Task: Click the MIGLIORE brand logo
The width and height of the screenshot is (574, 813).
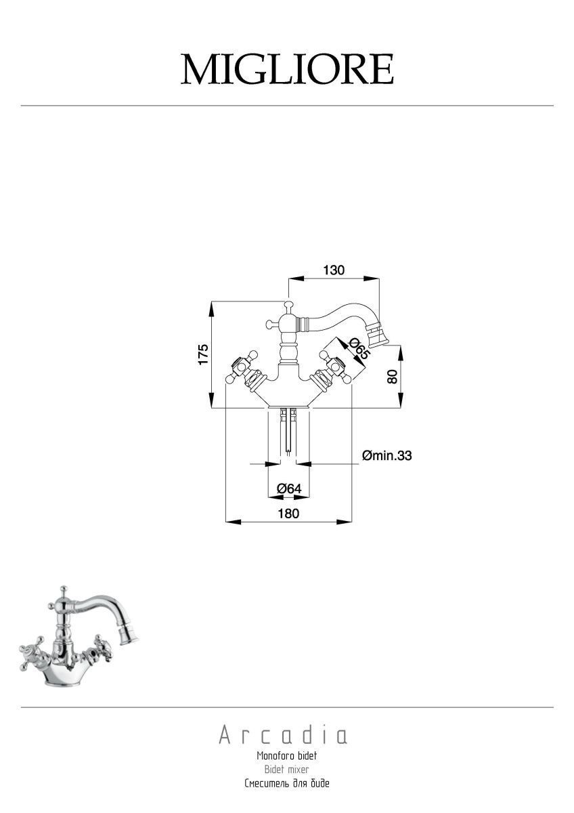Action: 287,69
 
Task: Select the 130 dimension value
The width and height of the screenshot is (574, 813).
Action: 334,270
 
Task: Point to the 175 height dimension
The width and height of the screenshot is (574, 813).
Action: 203,354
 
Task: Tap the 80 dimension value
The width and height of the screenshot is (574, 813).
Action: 392,377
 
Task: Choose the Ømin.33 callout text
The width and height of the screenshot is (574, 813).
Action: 387,455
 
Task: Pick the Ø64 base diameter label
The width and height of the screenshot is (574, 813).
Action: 289,488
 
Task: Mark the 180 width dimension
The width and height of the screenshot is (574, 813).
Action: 288,514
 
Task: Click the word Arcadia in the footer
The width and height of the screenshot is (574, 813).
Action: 283,735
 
